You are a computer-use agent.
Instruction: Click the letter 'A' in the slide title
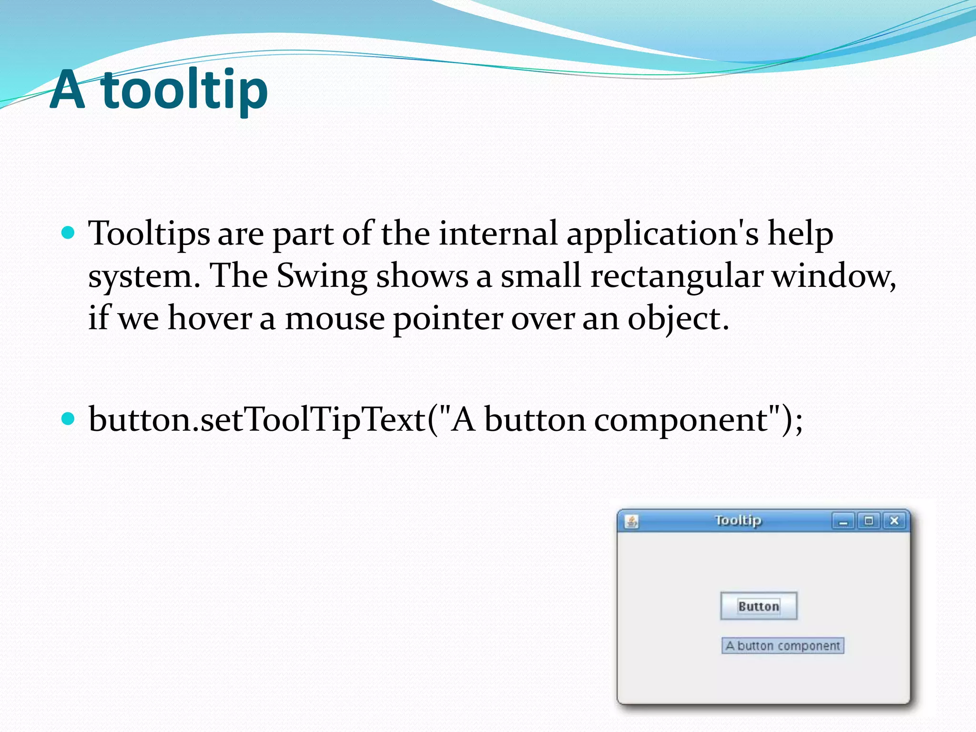tap(68, 90)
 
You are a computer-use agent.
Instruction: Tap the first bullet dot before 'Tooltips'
tap(69, 233)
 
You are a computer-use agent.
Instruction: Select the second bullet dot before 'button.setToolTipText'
tap(69, 419)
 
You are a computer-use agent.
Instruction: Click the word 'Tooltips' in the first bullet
tap(149, 234)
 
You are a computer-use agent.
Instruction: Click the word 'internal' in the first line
tap(498, 234)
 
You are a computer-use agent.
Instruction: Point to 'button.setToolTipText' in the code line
tap(257, 420)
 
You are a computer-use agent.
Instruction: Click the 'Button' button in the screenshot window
tap(759, 606)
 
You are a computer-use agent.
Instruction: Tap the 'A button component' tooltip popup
tap(783, 646)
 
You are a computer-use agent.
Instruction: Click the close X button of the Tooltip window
tap(894, 521)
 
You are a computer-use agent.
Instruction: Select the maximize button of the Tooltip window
tap(869, 521)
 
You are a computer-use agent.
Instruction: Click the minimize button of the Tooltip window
tap(844, 521)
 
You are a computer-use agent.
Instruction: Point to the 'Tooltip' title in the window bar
tap(738, 520)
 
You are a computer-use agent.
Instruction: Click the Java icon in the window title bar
tap(632, 521)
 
